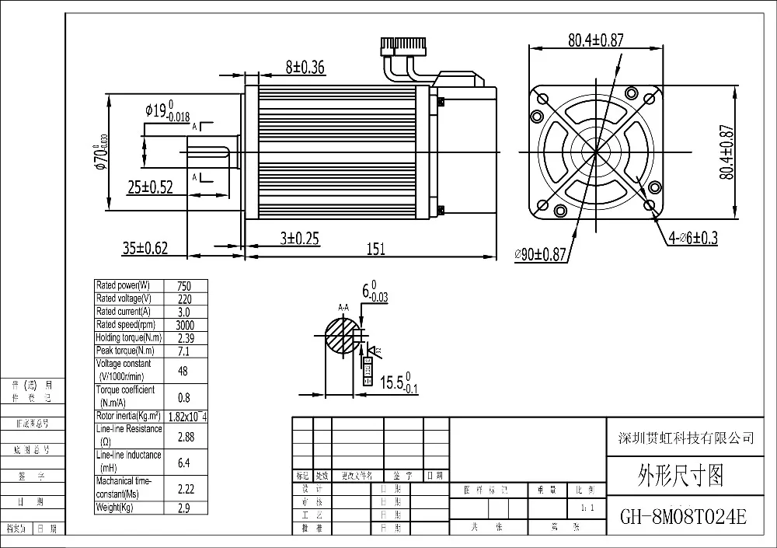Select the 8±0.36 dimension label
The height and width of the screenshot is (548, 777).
(305, 68)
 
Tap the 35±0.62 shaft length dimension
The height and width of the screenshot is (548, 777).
(145, 248)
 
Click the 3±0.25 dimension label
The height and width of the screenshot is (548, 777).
(300, 239)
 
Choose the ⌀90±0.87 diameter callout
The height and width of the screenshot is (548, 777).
(542, 255)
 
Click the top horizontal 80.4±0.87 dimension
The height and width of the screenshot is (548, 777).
(595, 41)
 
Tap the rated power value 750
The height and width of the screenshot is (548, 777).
(183, 286)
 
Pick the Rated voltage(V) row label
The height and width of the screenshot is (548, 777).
(123, 298)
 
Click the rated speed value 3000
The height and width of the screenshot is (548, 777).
(184, 325)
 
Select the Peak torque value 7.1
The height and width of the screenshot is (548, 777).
(183, 351)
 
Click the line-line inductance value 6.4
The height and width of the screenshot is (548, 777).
(183, 462)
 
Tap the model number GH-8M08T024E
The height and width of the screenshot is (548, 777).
(683, 516)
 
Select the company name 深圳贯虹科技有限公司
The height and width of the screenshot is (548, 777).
(683, 438)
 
